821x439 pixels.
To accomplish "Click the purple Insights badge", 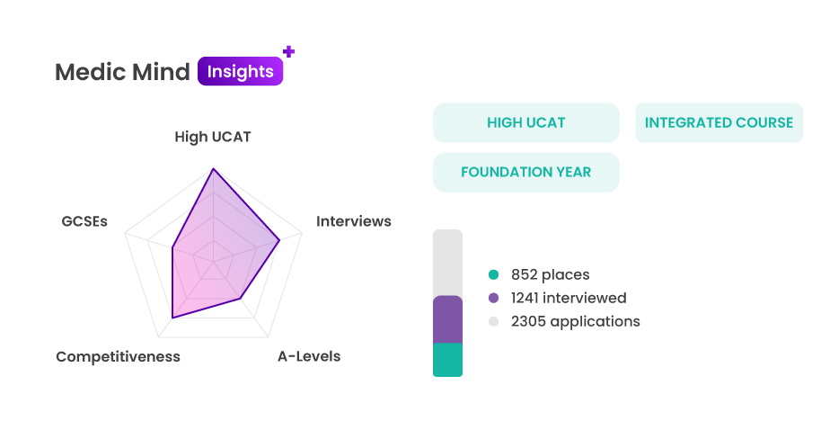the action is point(241,71).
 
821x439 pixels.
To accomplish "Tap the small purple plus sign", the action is point(288,51).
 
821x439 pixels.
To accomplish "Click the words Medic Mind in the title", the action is point(122,72).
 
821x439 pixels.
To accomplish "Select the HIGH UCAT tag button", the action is point(526,122).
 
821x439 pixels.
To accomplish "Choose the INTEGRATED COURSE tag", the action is point(719,122).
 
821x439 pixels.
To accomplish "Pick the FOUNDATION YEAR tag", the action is point(526,172).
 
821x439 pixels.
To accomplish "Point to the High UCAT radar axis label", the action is point(213,137).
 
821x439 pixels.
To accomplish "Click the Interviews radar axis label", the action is point(353,221).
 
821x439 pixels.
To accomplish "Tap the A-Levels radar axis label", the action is point(309,356).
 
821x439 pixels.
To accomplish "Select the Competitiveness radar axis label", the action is point(118,356).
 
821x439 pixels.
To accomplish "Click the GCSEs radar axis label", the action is point(84,221).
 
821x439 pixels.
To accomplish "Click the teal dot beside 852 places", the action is point(493,274).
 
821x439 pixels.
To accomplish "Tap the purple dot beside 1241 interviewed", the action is point(493,298).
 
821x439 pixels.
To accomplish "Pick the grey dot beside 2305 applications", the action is point(493,321).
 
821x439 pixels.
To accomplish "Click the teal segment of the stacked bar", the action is point(447,360).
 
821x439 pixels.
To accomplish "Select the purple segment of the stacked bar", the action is point(447,319).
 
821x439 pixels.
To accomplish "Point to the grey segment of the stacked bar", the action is point(447,263).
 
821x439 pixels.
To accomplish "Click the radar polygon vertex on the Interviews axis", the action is point(279,240).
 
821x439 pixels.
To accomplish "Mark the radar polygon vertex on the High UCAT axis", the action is point(213,169).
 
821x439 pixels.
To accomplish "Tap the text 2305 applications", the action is point(576,321).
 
